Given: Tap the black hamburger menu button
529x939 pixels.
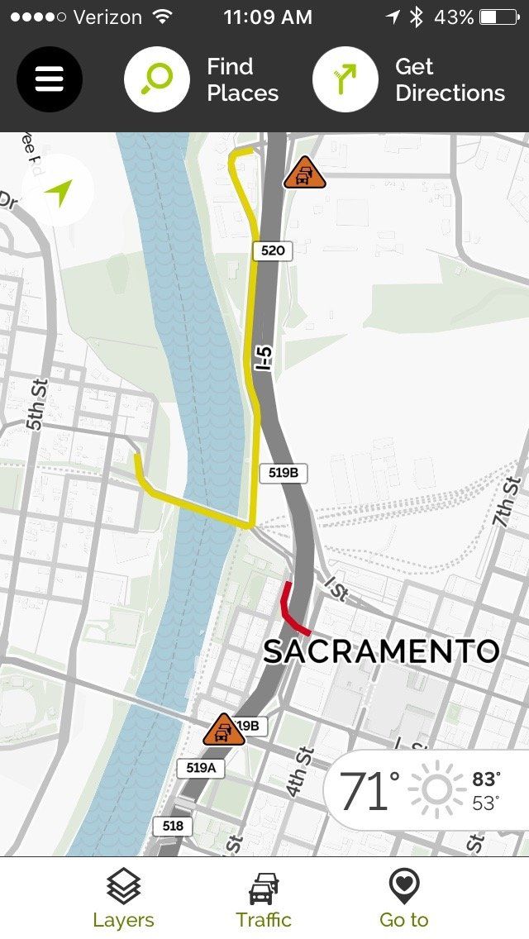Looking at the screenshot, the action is pos(50,79).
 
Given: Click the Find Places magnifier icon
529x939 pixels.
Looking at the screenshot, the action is pos(157,79).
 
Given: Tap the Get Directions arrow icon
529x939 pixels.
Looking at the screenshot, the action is pos(346,79).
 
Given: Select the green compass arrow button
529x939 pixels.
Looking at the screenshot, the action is pos(59,192).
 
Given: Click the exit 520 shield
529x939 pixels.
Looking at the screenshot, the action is pos(273,250).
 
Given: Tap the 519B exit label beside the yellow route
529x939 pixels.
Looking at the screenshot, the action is pos(284,473).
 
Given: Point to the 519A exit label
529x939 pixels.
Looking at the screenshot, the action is pos(201,768).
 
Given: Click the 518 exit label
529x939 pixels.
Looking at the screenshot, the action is pos(173,826).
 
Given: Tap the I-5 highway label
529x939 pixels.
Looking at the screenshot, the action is pos(264,359).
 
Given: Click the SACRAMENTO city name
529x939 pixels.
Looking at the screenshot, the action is pos(381,651).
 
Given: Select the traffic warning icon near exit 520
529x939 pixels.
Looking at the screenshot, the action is pos(304,174).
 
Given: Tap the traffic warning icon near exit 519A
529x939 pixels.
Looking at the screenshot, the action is pos(222,731).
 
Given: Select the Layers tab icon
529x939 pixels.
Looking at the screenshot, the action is pos(123,887).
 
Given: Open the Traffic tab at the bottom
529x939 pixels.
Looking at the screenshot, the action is pos(264,889).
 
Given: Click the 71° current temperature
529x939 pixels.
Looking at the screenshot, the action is pos(369,791).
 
